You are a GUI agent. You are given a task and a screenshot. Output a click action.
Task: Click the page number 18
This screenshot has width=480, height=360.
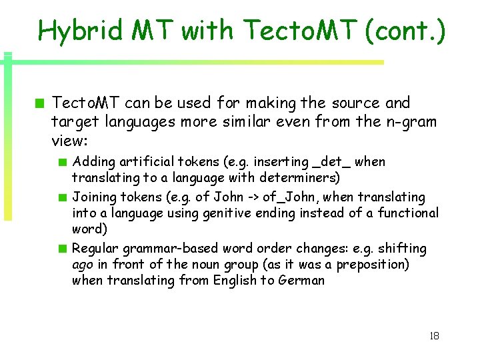434,336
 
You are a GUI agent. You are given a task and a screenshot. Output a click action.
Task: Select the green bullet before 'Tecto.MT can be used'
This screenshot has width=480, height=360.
41,103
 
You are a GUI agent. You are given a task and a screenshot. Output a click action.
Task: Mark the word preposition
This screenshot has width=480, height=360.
373,265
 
